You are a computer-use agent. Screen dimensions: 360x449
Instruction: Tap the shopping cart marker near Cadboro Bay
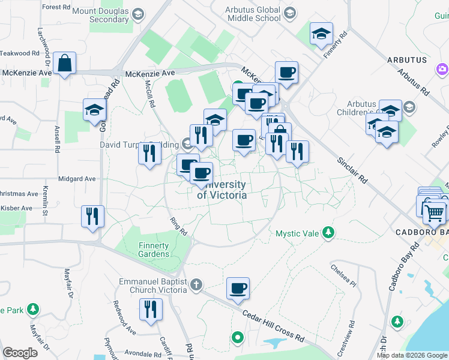pos(434,212)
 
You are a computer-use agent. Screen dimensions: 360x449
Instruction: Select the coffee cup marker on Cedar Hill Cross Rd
pos(238,289)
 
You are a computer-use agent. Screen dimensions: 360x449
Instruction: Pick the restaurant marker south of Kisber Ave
pos(92,217)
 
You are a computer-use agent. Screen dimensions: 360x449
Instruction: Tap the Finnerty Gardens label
pos(154,250)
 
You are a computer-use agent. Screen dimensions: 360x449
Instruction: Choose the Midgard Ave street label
pos(77,179)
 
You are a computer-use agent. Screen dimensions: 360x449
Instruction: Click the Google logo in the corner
pos(20,353)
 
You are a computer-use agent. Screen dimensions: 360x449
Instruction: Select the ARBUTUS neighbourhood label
pos(407,60)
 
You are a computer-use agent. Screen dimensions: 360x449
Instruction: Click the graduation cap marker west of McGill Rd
pos(95,110)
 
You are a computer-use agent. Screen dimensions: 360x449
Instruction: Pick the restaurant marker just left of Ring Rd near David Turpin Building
pos(149,154)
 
